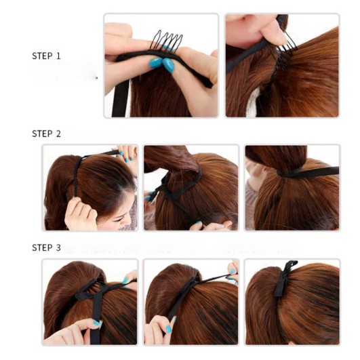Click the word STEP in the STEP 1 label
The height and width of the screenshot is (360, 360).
click(42, 56)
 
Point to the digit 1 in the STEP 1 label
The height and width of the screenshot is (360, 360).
click(58, 56)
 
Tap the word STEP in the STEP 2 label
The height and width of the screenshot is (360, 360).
click(42, 134)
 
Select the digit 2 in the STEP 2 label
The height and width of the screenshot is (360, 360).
click(58, 134)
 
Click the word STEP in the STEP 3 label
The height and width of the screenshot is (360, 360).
click(42, 247)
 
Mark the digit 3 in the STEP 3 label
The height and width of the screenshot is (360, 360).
click(58, 247)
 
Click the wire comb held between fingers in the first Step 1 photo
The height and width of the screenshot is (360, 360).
click(166, 41)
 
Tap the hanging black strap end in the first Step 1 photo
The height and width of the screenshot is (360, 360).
click(120, 98)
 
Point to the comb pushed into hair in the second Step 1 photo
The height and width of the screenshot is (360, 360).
click(284, 54)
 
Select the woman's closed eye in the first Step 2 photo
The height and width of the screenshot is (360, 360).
click(119, 220)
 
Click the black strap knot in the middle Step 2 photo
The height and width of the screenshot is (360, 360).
click(164, 186)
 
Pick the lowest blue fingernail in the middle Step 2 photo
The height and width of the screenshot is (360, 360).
click(199, 222)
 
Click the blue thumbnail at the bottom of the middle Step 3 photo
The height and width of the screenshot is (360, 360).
click(169, 329)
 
